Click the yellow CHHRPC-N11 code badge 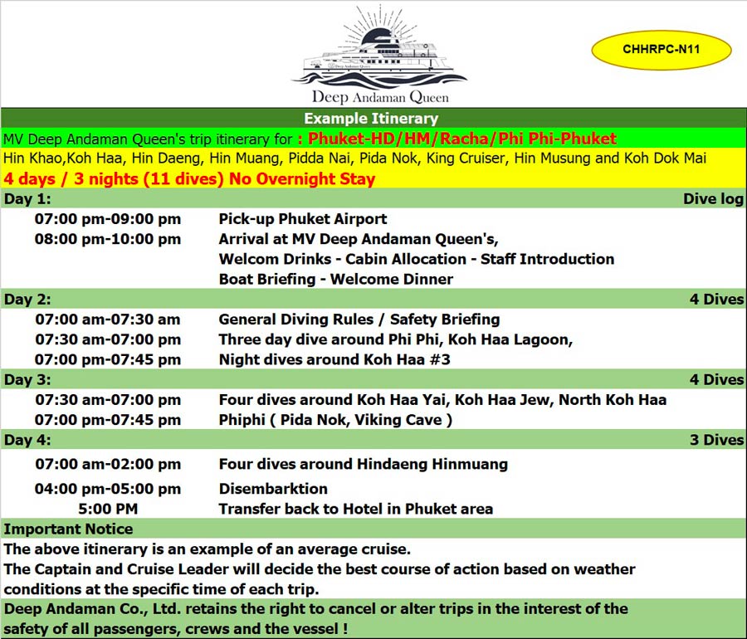(661, 50)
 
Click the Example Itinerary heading (371, 119)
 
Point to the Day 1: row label (27, 198)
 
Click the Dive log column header (713, 198)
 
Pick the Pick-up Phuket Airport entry (303, 219)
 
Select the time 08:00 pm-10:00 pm (108, 239)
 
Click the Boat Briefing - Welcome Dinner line (336, 279)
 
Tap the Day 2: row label (27, 299)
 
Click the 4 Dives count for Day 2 (716, 299)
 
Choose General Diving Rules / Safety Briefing (359, 319)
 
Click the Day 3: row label (27, 379)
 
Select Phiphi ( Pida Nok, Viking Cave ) (335, 420)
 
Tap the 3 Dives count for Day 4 (716, 440)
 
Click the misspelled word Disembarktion (273, 489)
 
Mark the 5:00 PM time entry (108, 509)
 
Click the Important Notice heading (68, 529)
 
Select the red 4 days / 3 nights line (189, 178)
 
